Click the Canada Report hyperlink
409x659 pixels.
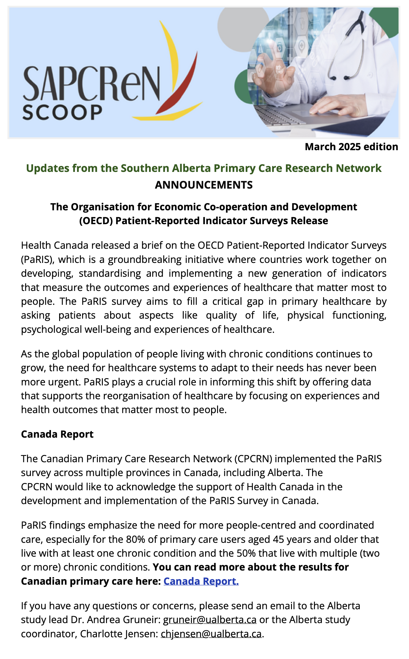[x=201, y=581]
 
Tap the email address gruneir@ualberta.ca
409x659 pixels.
[x=210, y=619]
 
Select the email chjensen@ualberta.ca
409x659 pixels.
[x=211, y=633]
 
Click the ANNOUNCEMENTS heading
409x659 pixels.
[x=204, y=185]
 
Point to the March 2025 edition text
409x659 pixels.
[x=351, y=147]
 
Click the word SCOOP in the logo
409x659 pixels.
[x=62, y=112]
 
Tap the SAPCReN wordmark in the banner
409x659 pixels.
[x=91, y=83]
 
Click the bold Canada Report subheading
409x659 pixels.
[x=57, y=434]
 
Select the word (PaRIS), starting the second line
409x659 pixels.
[x=38, y=259]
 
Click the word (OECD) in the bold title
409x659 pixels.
[x=96, y=221]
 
